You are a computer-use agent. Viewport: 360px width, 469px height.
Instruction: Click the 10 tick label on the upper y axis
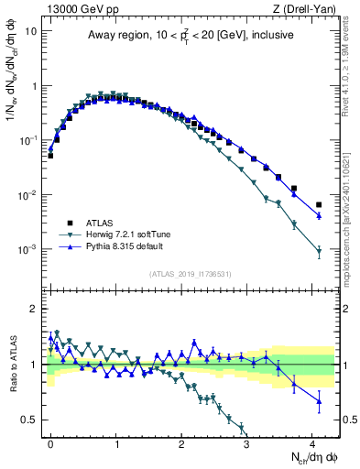tap(30, 30)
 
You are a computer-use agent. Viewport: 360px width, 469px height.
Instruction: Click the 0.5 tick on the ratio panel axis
tap(29, 420)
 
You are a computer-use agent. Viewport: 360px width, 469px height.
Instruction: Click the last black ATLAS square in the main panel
tap(319, 204)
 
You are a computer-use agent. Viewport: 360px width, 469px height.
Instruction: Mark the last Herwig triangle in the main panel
tap(319, 252)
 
